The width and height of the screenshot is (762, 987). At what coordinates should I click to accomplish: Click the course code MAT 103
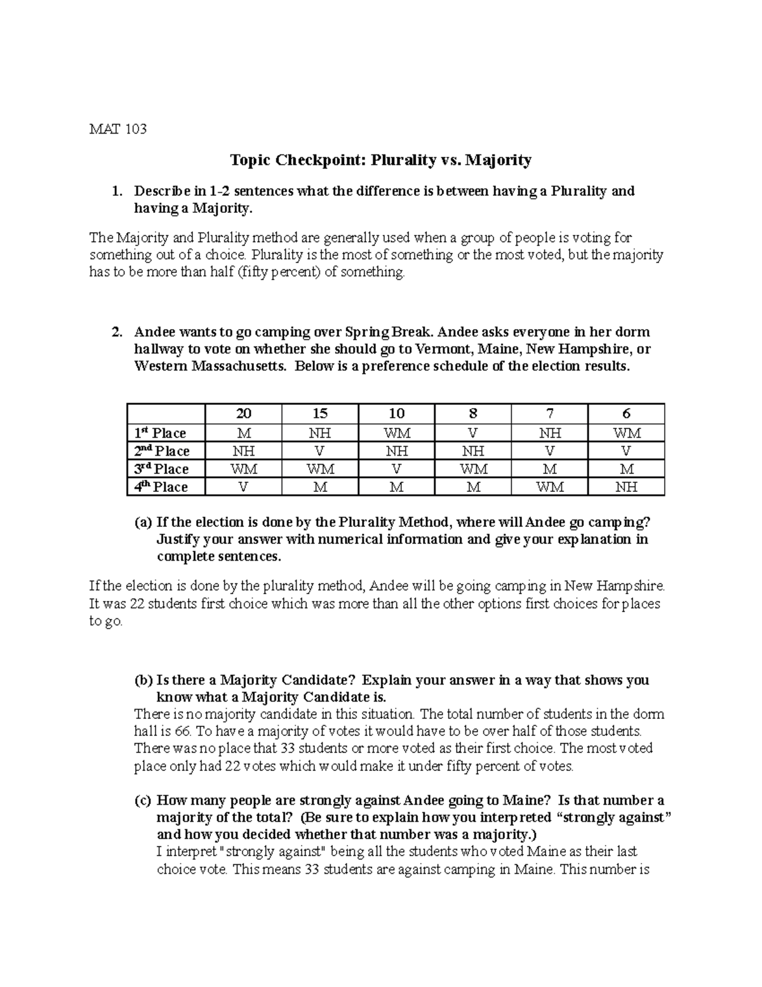click(117, 129)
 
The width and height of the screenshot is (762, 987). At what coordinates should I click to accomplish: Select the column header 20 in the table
click(243, 413)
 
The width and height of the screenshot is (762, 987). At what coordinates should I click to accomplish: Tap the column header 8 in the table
click(472, 413)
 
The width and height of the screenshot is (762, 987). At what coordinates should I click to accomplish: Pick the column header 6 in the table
click(626, 413)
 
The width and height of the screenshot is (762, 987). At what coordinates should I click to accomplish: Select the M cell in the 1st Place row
click(243, 433)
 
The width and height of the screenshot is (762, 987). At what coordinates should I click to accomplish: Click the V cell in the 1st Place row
click(472, 433)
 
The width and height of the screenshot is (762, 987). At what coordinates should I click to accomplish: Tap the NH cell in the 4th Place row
click(626, 487)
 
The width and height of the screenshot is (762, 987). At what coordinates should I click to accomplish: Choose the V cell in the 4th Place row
click(243, 487)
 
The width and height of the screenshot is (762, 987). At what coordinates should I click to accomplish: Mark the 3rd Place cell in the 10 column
click(396, 469)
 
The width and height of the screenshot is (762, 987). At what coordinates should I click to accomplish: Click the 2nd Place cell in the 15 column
click(319, 451)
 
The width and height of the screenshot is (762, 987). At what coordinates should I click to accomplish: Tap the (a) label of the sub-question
click(143, 522)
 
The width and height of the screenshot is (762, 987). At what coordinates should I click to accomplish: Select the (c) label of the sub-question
click(143, 800)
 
